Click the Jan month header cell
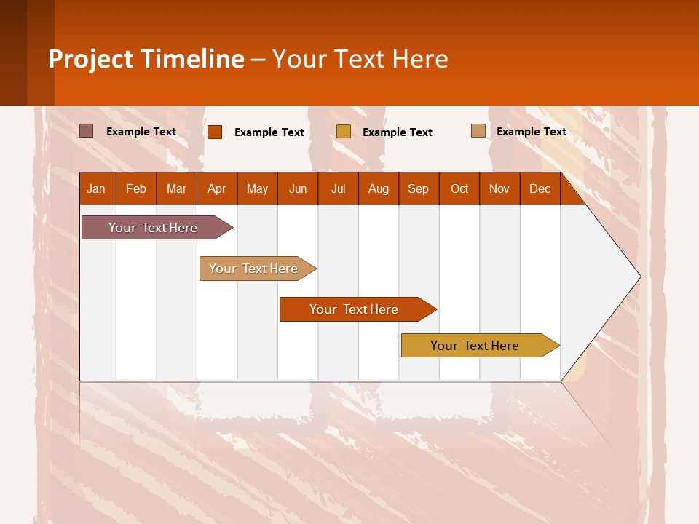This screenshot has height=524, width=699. pyautogui.click(x=97, y=188)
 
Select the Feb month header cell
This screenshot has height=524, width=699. pyautogui.click(x=136, y=188)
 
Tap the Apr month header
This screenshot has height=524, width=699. pyautogui.click(x=217, y=188)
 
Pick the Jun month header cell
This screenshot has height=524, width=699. pyautogui.click(x=298, y=188)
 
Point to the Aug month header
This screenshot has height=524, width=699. pyautogui.click(x=379, y=188)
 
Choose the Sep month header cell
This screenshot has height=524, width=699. pyautogui.click(x=419, y=188)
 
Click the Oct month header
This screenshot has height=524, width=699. pyautogui.click(x=459, y=188)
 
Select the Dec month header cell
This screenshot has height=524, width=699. pyautogui.click(x=540, y=188)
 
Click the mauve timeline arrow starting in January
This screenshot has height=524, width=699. pyautogui.click(x=154, y=228)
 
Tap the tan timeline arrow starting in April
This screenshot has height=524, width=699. pyautogui.click(x=254, y=269)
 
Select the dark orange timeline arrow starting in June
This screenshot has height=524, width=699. pyautogui.click(x=355, y=309)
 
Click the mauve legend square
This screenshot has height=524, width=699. pyautogui.click(x=87, y=131)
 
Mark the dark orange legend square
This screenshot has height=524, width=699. pyautogui.click(x=215, y=132)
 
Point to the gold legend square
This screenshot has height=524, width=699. pyautogui.click(x=344, y=131)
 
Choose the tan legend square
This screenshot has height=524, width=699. pyautogui.click(x=478, y=131)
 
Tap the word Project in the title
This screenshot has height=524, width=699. pyautogui.click(x=91, y=59)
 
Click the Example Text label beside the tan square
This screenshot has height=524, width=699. pyautogui.click(x=531, y=132)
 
